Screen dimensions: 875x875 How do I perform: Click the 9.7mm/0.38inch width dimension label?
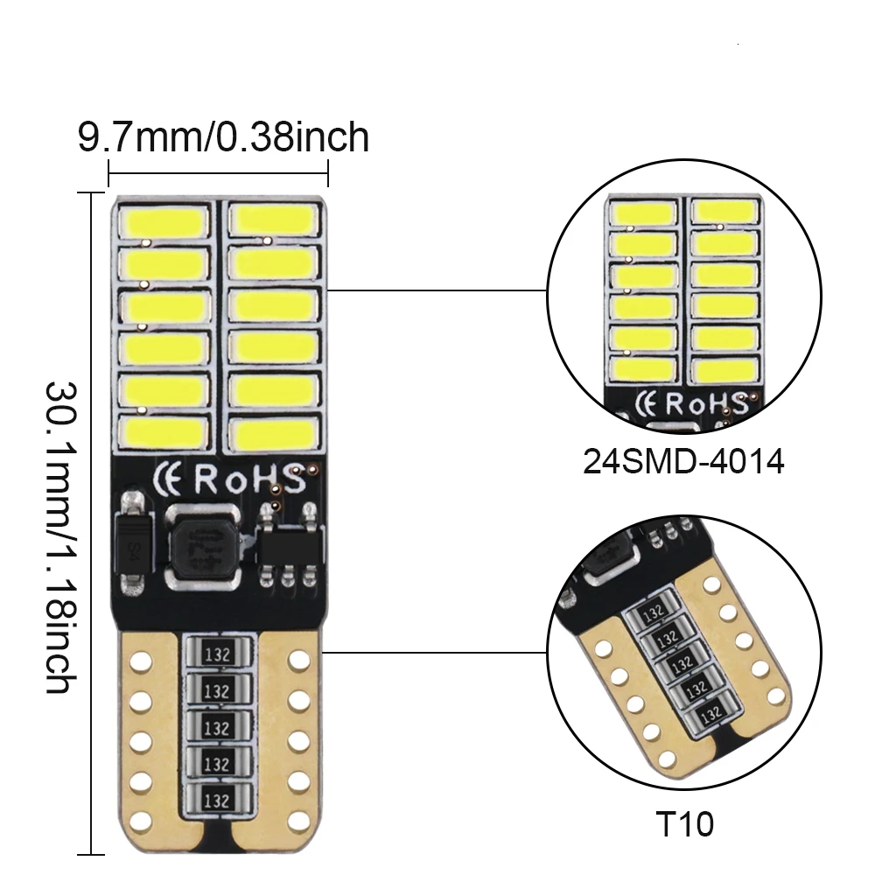point(223,137)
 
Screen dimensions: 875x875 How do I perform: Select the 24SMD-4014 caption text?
point(683,461)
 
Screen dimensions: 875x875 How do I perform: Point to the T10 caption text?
point(687,823)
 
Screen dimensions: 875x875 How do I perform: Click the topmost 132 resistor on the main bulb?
point(218,652)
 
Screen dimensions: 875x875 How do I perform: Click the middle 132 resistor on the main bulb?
point(218,726)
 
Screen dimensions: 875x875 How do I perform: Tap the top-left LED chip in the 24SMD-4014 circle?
point(642,213)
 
